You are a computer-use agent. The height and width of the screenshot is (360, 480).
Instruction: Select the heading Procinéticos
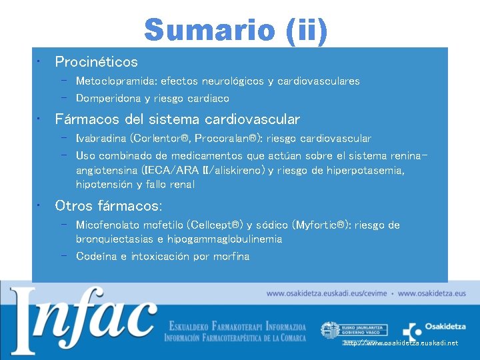(x=97, y=62)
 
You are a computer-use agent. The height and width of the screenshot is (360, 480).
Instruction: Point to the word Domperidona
(x=106, y=99)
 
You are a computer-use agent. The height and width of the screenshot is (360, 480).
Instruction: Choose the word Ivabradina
(x=102, y=139)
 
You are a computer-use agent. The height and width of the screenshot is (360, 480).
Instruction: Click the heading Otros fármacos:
(x=108, y=205)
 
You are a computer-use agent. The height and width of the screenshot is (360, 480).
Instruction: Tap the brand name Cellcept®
(x=213, y=225)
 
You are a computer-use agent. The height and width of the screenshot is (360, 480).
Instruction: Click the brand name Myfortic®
(x=319, y=225)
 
